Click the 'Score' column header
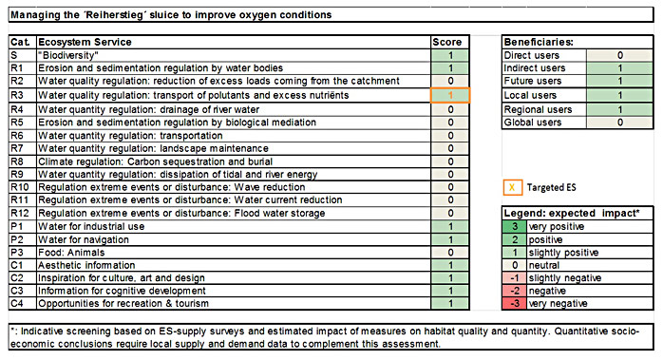[x=446, y=43]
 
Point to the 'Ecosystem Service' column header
[x=85, y=43]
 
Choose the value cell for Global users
[x=618, y=123]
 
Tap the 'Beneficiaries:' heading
[x=539, y=43]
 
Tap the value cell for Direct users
[x=618, y=56]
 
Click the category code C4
[x=17, y=304]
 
